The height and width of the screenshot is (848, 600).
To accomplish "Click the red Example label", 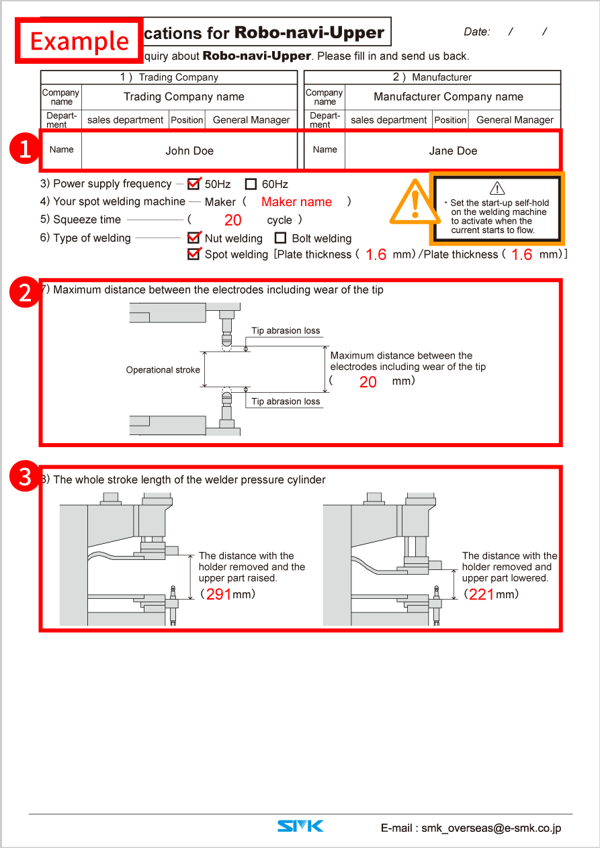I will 79,41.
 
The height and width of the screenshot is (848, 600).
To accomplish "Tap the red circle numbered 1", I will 25,150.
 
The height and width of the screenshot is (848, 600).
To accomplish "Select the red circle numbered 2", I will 25,293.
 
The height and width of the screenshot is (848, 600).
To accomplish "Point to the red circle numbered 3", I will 25,477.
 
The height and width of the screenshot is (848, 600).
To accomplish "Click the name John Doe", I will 189,151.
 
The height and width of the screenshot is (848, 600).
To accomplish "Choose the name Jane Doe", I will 453,151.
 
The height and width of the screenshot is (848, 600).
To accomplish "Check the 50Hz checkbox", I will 194,183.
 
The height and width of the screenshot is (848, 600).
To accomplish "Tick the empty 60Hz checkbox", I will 251,184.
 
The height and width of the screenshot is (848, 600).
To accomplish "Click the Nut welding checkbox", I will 194,238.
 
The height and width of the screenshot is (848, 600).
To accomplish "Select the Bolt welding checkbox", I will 281,238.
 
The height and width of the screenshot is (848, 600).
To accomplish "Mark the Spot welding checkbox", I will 194,254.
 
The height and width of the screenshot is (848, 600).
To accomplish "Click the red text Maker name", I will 296,202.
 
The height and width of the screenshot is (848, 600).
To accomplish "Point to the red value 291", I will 219,594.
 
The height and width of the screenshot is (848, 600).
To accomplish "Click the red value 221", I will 482,594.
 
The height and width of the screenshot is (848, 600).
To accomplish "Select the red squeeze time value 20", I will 232,220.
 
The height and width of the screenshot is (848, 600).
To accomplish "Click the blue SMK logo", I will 300,827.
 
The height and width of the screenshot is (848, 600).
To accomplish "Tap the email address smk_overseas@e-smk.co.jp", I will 470,828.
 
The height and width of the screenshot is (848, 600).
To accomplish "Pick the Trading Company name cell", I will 184,97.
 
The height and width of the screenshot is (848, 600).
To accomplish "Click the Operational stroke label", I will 163,370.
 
